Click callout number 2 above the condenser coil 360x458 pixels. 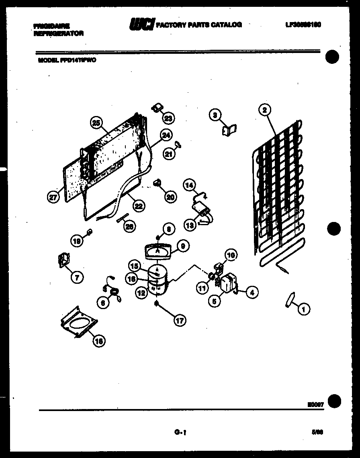click(x=264, y=110)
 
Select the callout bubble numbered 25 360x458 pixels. click(x=96, y=123)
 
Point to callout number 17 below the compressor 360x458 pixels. click(x=180, y=320)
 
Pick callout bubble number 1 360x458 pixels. click(x=304, y=309)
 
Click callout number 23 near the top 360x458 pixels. click(x=168, y=118)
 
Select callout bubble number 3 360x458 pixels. click(x=215, y=115)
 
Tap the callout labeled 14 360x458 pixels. click(x=189, y=185)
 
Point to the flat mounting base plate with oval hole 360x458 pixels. click(x=80, y=322)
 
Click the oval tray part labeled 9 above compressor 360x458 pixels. click(x=158, y=251)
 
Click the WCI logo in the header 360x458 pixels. click(x=141, y=24)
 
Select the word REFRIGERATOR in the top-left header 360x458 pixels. click(x=59, y=34)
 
